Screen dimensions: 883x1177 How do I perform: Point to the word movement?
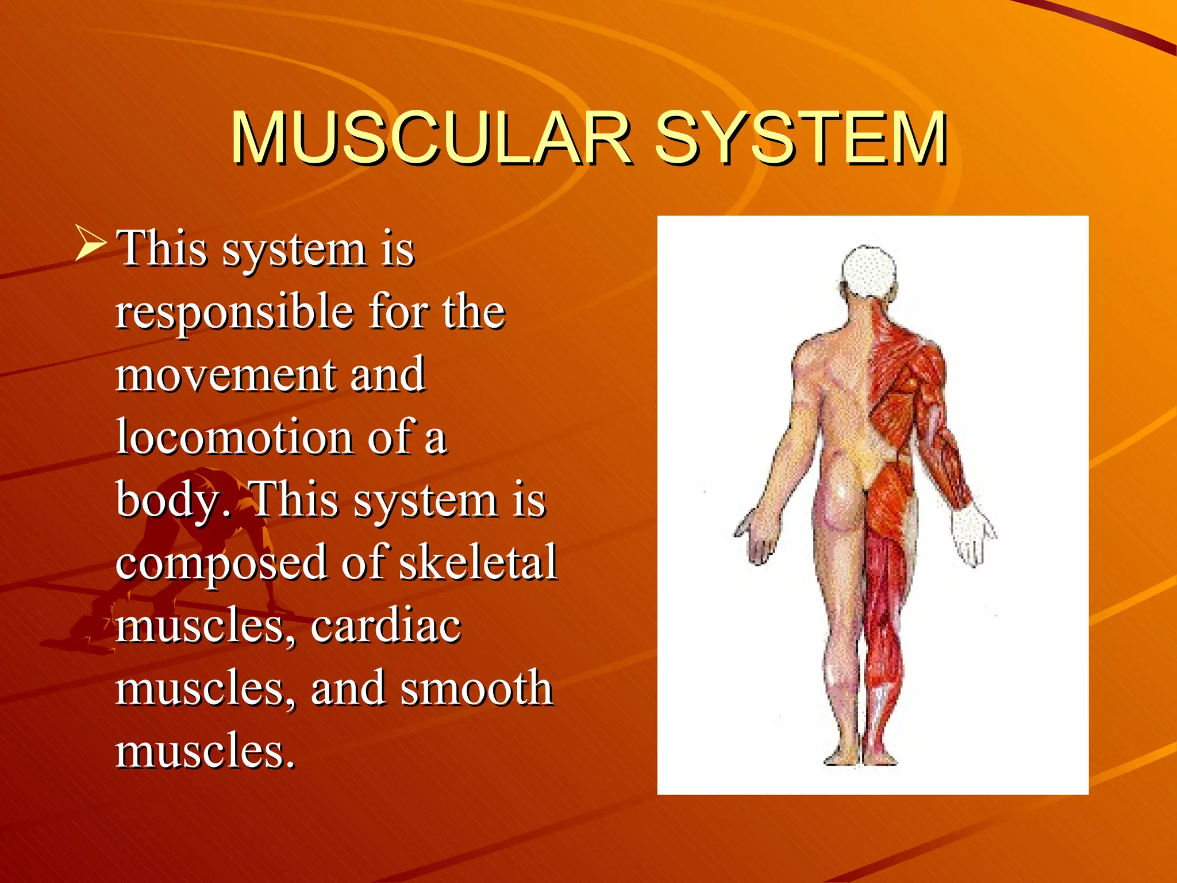coord(224,375)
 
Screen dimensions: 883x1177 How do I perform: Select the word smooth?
coord(476,688)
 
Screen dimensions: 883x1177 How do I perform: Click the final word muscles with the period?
coord(205,751)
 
